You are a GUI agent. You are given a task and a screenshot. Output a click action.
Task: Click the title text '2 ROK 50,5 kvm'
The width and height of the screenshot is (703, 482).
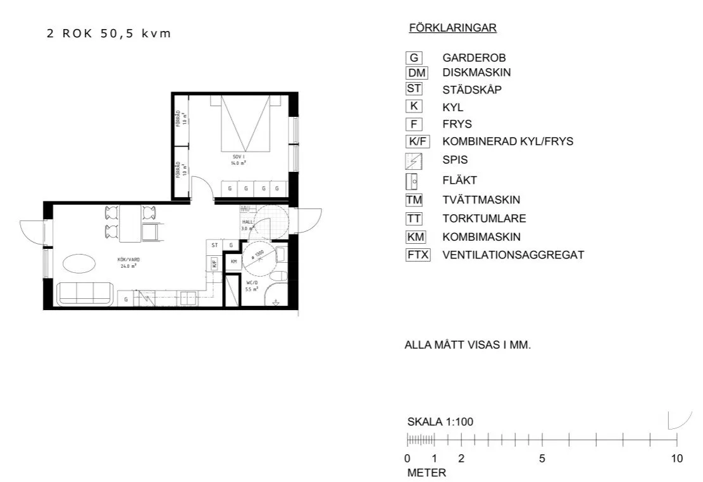point(108,33)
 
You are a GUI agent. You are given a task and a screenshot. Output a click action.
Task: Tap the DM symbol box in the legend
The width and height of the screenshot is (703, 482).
point(414,73)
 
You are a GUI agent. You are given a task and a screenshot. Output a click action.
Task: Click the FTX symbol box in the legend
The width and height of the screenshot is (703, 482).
point(418,255)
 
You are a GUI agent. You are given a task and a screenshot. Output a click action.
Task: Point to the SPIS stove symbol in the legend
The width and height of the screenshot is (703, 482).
point(414,160)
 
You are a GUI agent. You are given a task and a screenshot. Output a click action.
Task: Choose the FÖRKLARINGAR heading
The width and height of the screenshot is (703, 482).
point(452,28)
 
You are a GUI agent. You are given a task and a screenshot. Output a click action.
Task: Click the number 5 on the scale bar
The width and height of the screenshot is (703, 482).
point(542,459)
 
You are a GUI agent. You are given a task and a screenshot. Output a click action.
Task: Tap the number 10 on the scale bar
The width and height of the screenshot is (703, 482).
point(676,459)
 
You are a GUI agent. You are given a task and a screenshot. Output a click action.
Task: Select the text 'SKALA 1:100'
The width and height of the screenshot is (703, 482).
point(440,422)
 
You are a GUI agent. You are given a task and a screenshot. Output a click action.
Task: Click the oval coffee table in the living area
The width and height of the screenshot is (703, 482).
point(78,262)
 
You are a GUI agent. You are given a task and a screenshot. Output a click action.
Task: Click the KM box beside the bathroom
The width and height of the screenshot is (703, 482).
point(233,261)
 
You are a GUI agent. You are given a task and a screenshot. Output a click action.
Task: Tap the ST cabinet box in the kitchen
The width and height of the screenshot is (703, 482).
point(215,245)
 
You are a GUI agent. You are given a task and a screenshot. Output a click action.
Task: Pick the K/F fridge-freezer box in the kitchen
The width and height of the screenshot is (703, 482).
point(215,263)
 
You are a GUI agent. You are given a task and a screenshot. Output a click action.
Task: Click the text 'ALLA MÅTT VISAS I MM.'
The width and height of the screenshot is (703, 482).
point(468,346)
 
